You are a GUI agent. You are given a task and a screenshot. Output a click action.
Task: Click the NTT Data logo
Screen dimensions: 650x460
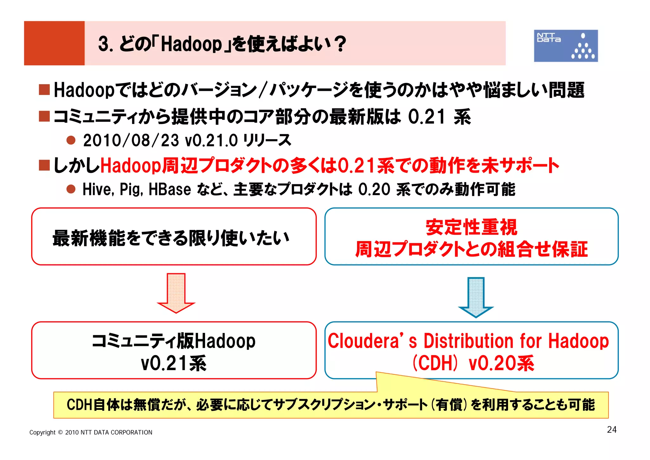coord(566,46)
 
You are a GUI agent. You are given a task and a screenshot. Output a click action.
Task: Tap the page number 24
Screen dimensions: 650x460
coord(612,430)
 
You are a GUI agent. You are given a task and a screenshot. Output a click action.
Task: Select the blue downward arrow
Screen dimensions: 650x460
coord(476,297)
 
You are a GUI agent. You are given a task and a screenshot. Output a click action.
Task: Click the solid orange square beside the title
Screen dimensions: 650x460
coord(54,43)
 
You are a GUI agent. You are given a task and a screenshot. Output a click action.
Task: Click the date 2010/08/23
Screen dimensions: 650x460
coord(131,140)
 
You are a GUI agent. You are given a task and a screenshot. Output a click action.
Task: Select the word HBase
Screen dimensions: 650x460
coord(170,190)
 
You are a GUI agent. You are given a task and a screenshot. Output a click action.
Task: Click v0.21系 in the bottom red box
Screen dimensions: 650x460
coord(174,363)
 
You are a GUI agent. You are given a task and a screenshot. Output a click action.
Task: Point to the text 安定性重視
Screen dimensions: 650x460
coord(471,227)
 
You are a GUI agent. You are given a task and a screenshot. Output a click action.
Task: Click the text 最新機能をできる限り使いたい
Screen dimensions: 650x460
coord(171,238)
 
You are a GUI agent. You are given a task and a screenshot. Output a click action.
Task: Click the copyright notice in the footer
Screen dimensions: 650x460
coord(91,432)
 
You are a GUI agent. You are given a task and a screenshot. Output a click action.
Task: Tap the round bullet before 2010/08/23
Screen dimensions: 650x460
coord(71,140)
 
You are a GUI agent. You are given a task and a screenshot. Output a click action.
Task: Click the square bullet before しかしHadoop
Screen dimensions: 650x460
coord(44,166)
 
